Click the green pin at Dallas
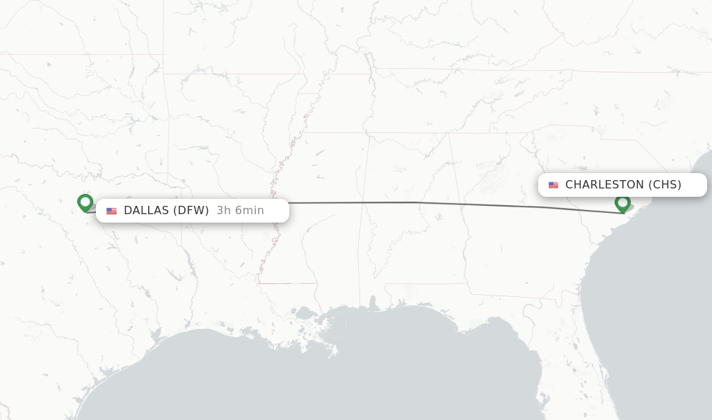pos(86,202)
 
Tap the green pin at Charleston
pos(622,203)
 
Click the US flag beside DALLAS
pos(111,211)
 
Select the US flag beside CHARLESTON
pos(553,185)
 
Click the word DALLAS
pos(146,211)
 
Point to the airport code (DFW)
pos(191,211)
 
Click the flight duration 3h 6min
pos(240,211)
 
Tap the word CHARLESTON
pos(604,185)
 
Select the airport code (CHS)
pos(665,185)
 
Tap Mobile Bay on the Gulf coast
pos(373,304)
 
